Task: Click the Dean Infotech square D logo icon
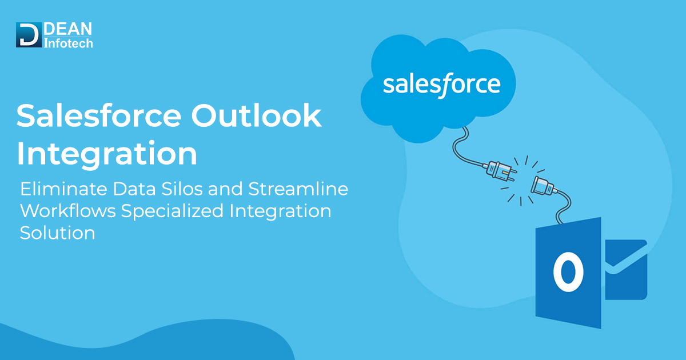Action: tap(29, 34)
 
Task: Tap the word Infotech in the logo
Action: tap(68, 42)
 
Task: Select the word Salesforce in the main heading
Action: tap(98, 116)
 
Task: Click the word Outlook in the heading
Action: tap(256, 116)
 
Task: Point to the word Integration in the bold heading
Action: tap(107, 154)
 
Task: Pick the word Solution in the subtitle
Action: tap(57, 233)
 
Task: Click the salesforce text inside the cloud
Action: tap(441, 84)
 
